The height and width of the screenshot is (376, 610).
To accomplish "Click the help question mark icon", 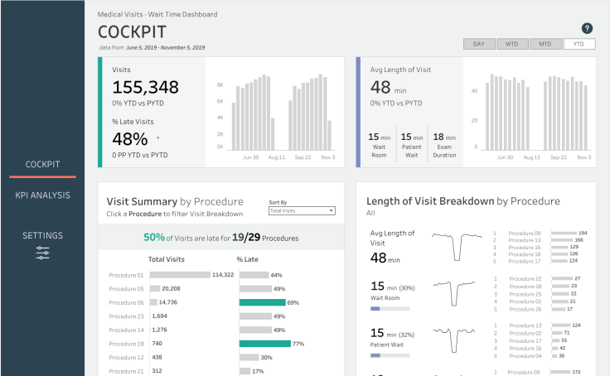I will pyautogui.click(x=588, y=28).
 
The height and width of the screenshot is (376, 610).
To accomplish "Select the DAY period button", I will pyautogui.click(x=479, y=44).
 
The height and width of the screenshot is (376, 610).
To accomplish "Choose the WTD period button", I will pyautogui.click(x=511, y=44).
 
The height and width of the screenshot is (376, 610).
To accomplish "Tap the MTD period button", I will pyautogui.click(x=545, y=44).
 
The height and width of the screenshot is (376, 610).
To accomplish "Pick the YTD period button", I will pyautogui.click(x=579, y=44).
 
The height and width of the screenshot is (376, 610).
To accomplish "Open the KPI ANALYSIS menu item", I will pyautogui.click(x=42, y=195).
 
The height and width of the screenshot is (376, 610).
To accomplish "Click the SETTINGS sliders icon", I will pyautogui.click(x=42, y=253).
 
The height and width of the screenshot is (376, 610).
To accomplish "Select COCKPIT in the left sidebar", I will pyautogui.click(x=42, y=164).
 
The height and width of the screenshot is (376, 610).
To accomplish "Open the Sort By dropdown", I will pyautogui.click(x=302, y=211).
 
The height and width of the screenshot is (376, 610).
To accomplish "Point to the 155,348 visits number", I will pyautogui.click(x=146, y=88).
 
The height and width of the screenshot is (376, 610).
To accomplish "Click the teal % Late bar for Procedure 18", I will pyautogui.click(x=264, y=343).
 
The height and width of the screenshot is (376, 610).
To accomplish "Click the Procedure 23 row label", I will pyautogui.click(x=127, y=316).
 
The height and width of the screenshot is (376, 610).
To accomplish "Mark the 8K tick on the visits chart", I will pyautogui.click(x=220, y=85).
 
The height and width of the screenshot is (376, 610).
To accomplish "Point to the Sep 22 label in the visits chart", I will pyautogui.click(x=302, y=157).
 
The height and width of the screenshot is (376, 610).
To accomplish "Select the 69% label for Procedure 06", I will pyautogui.click(x=293, y=302).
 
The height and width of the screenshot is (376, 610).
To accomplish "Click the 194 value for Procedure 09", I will pyautogui.click(x=583, y=234).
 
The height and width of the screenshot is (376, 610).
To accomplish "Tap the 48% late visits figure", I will pyautogui.click(x=130, y=139).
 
